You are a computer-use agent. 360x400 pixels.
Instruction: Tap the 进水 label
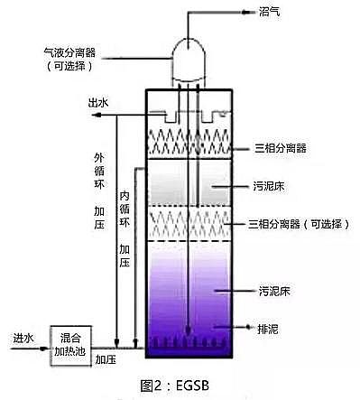click(23, 338)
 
